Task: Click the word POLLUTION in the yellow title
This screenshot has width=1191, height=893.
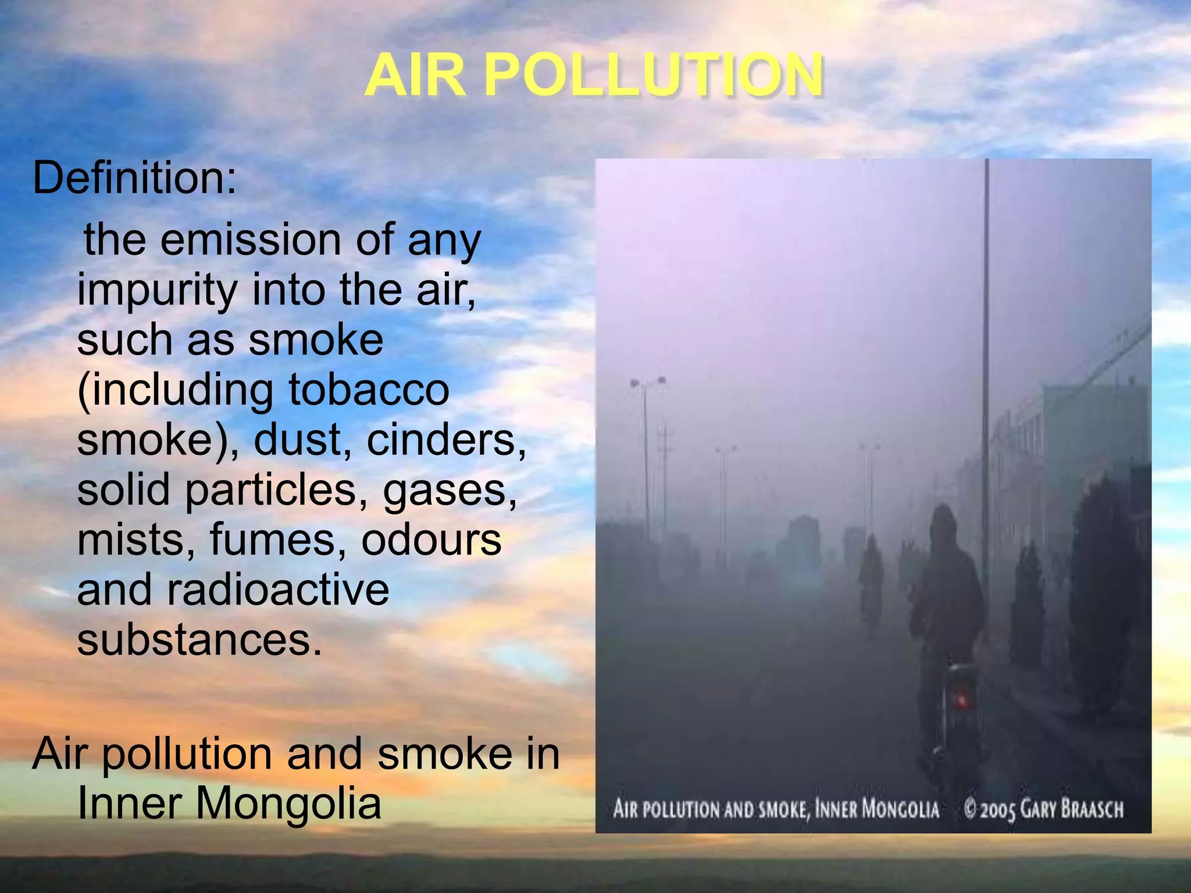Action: pos(653,76)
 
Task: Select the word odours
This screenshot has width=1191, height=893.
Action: pos(431,540)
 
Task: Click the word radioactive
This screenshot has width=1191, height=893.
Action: pos(278,590)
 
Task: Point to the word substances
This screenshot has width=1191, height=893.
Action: pos(199,640)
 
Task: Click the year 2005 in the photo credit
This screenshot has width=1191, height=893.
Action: pos(997,810)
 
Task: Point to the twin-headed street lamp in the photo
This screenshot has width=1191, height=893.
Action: pos(647,382)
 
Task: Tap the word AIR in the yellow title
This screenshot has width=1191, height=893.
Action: pos(415,76)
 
